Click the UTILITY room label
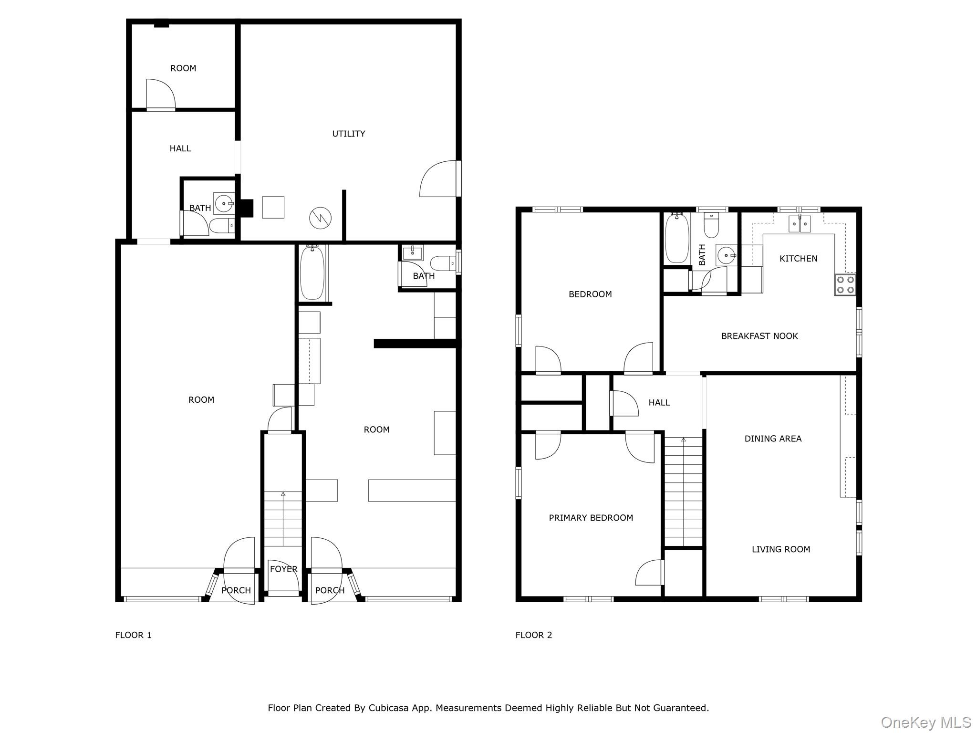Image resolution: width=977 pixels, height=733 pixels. pos(349,134)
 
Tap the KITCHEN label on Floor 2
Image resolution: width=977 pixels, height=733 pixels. pos(798,259)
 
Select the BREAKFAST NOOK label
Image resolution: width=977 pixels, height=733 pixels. pos(759,336)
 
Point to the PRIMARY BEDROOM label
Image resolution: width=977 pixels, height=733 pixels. pos(591,518)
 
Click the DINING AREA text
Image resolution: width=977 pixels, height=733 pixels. pos(773,439)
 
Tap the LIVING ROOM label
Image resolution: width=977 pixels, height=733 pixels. pos(781,549)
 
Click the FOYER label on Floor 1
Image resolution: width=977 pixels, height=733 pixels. pos(284,569)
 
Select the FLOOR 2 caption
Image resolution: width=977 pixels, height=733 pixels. pos(534,635)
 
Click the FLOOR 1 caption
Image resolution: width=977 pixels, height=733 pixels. pos(133,635)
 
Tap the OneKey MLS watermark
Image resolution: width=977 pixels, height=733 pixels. pos(926,723)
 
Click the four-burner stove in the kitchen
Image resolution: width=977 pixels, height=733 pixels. pos(845,284)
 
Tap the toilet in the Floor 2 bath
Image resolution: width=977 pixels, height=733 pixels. pos(711,225)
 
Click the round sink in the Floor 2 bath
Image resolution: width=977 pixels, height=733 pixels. pos(727,256)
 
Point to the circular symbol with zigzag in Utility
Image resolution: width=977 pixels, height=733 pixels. pos(320,218)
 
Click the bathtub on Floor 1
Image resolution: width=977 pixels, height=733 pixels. pos(312,272)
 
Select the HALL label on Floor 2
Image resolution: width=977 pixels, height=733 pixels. pos(659,403)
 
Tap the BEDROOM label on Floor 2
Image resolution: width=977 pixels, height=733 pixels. pos(590,294)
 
